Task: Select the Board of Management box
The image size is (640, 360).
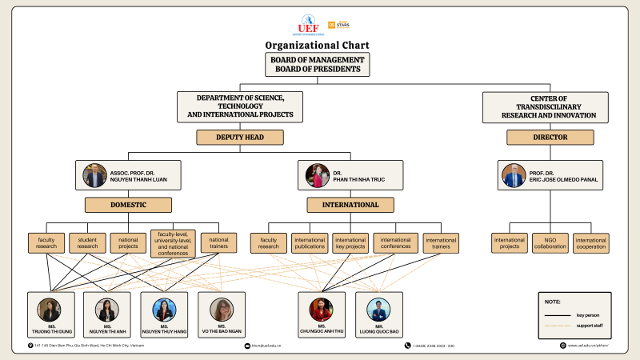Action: pos(319,65)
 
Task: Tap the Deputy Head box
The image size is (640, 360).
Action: pos(241,137)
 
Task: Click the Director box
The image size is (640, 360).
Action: pos(550,137)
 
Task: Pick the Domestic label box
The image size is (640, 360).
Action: pos(129,205)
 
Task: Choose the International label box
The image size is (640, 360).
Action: pos(350,205)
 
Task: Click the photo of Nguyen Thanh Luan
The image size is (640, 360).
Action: pos(94,176)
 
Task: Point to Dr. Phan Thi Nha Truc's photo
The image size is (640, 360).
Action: pos(317,176)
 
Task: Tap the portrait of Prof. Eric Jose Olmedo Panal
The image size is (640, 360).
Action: pos(513,176)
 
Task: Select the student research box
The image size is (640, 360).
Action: pos(87,242)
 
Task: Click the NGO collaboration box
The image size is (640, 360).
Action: pos(550,242)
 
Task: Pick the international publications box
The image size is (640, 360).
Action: pos(310,242)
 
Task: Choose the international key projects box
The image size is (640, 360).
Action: pos(350,242)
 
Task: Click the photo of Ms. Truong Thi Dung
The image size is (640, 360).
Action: pos(50,310)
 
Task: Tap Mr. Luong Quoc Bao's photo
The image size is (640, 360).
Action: pos(378,310)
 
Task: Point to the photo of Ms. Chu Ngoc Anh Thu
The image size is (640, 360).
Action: pos(322,310)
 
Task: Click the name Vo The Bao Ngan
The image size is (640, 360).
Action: pos(222,331)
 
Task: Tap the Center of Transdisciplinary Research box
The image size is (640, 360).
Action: pos(549,107)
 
